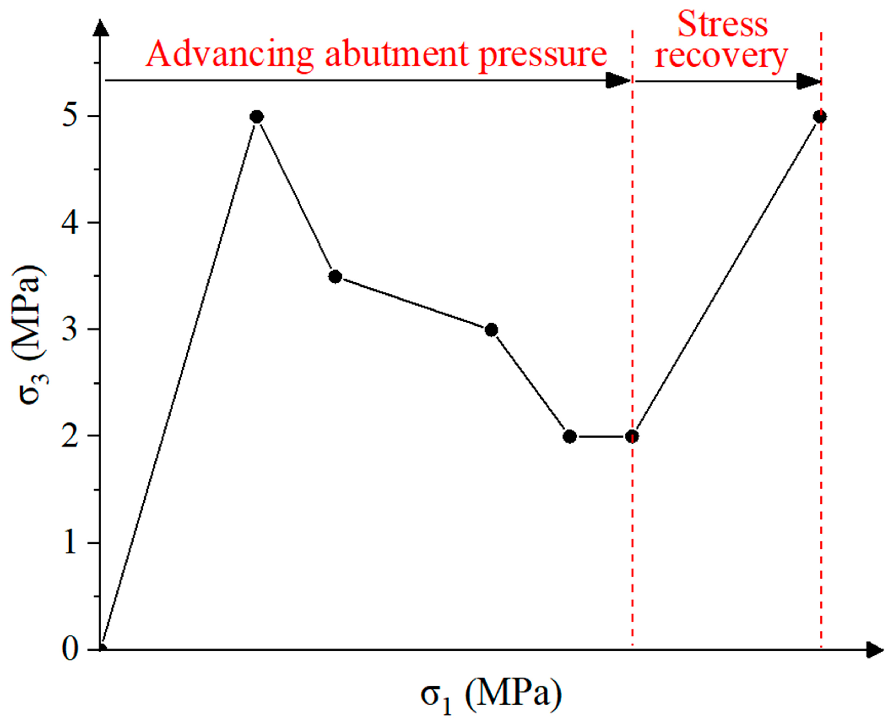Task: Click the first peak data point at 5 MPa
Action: click(x=257, y=117)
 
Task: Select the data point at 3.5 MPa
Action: click(x=335, y=277)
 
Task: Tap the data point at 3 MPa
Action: click(x=491, y=330)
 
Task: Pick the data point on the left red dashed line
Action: click(x=632, y=437)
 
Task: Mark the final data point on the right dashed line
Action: click(x=820, y=117)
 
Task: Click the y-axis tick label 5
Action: click(x=70, y=116)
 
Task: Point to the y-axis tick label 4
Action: click(x=70, y=223)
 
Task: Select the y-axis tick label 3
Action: click(x=70, y=330)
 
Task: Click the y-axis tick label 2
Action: click(x=70, y=436)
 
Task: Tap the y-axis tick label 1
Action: click(x=70, y=543)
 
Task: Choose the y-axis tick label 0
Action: click(x=70, y=650)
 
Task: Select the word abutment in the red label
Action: click(x=397, y=54)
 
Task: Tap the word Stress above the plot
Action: click(x=722, y=24)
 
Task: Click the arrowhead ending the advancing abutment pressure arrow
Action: click(x=618, y=81)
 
